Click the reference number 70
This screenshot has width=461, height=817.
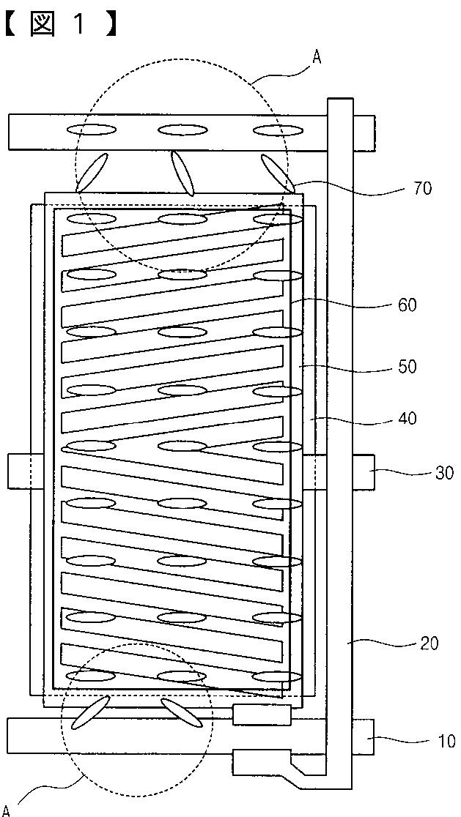[422, 189]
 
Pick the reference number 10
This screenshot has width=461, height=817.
[446, 742]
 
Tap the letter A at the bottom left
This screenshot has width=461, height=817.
[7, 809]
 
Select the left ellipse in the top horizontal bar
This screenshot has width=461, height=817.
[92, 130]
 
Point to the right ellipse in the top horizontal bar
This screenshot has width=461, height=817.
[277, 130]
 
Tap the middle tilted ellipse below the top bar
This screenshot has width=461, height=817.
[182, 173]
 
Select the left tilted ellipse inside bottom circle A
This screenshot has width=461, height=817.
[91, 712]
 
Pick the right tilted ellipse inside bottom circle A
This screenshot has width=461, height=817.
[181, 712]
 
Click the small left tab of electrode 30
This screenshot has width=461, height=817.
[18, 471]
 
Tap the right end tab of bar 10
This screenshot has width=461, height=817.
[364, 738]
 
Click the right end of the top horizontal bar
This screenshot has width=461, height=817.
[364, 133]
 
